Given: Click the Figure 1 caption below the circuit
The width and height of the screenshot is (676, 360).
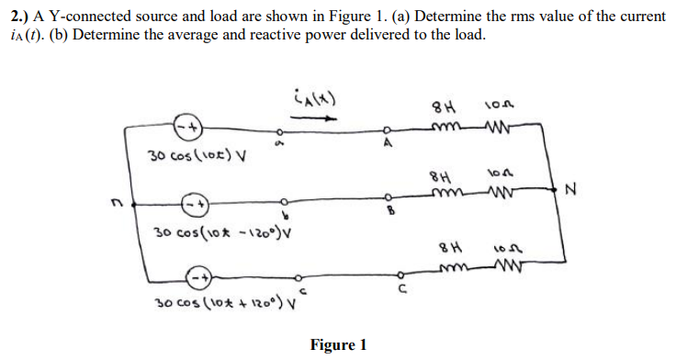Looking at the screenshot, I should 338,345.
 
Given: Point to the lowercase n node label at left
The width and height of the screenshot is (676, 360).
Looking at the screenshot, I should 111,208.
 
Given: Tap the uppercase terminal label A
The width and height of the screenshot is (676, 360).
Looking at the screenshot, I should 388,142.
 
